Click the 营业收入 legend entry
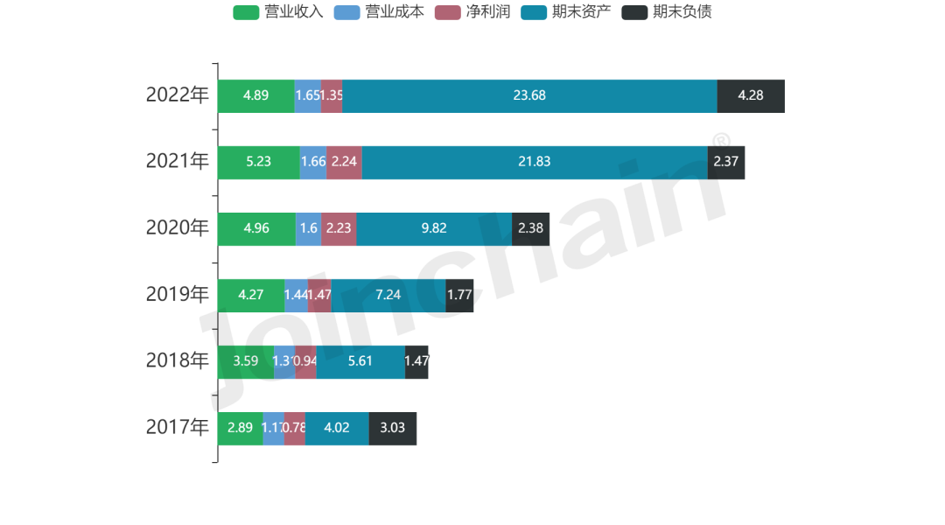pyautogui.click(x=278, y=12)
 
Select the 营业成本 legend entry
pyautogui.click(x=378, y=12)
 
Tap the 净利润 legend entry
pyautogui.click(x=472, y=12)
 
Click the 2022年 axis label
pyautogui.click(x=178, y=95)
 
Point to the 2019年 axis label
pyautogui.click(x=178, y=295)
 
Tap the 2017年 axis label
pyautogui.click(x=178, y=428)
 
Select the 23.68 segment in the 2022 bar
pyautogui.click(x=529, y=95)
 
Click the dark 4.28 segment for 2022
pyautogui.click(x=751, y=95)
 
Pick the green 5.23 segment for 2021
pyautogui.click(x=258, y=162)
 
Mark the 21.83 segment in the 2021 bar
pyautogui.click(x=534, y=162)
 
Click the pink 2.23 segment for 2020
pyautogui.click(x=339, y=228)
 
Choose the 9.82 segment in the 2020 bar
pyautogui.click(x=434, y=228)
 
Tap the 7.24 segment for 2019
pyautogui.click(x=388, y=295)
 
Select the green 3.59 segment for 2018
pyautogui.click(x=246, y=361)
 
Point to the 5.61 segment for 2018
pyautogui.click(x=360, y=361)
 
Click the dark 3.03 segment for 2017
pyautogui.click(x=393, y=428)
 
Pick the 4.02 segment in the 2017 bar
pyautogui.click(x=337, y=428)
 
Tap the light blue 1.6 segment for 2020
pyautogui.click(x=308, y=228)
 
